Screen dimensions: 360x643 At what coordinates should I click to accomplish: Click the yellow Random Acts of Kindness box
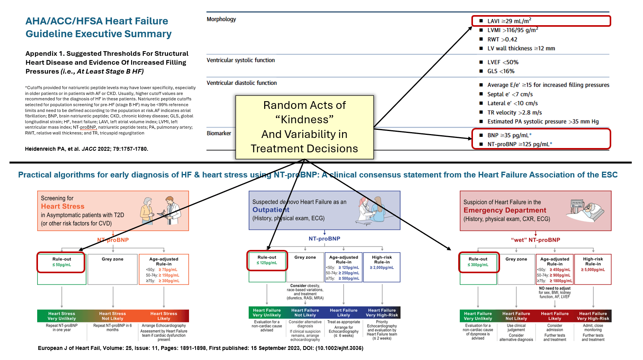pyautogui.click(x=304, y=127)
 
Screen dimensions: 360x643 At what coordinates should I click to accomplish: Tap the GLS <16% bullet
pyautogui.click(x=500, y=71)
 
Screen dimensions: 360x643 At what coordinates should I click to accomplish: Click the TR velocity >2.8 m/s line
pyautogui.click(x=514, y=112)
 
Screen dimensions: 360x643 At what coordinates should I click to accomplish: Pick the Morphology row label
pyautogui.click(x=221, y=19)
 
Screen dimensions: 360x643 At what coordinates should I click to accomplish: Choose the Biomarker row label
pyautogui.click(x=219, y=133)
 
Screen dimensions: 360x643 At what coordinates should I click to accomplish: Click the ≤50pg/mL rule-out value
pyautogui.click(x=62, y=265)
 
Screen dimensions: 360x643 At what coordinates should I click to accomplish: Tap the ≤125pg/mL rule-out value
pyautogui.click(x=267, y=263)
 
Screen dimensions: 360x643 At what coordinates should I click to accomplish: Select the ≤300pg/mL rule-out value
pyautogui.click(x=478, y=265)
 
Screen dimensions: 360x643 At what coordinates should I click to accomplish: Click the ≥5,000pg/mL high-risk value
pyautogui.click(x=593, y=270)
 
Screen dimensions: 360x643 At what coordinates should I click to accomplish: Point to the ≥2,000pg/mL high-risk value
pyautogui.click(x=382, y=268)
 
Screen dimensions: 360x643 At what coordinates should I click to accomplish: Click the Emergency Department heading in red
pyautogui.click(x=505, y=210)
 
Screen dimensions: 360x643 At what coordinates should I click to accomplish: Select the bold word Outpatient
pyautogui.click(x=271, y=210)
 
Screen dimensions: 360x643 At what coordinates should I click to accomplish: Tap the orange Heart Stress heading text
pyautogui.click(x=63, y=207)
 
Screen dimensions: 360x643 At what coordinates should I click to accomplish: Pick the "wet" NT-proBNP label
pyautogui.click(x=535, y=240)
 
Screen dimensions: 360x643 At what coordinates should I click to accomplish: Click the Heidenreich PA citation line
pyautogui.click(x=86, y=149)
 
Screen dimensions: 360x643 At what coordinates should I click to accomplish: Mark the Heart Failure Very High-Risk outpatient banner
pyautogui.click(x=382, y=313)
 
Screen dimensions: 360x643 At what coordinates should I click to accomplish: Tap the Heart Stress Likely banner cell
pyautogui.click(x=163, y=316)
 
